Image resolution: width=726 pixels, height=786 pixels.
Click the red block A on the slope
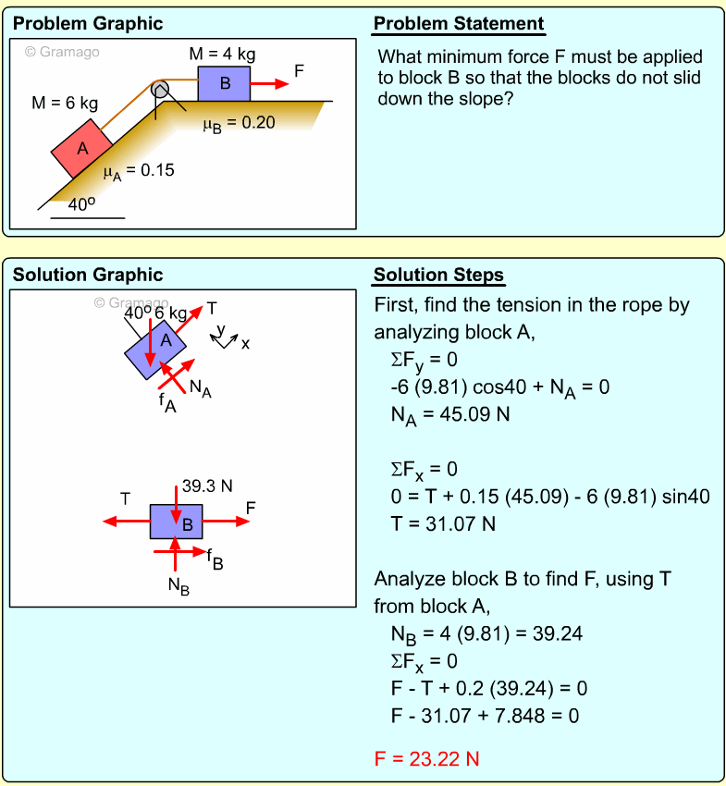(x=81, y=147)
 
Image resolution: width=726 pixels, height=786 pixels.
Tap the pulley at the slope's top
(x=160, y=89)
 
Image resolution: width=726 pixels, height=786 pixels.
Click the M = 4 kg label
(x=222, y=54)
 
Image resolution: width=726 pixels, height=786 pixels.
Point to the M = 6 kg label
(x=65, y=103)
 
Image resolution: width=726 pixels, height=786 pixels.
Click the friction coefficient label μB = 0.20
(x=239, y=122)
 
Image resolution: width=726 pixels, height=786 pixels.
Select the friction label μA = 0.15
(x=138, y=171)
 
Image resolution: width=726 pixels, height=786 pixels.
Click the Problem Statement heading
(x=459, y=24)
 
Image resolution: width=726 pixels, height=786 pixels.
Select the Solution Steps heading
(x=438, y=275)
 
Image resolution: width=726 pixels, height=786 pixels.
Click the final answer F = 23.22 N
(x=426, y=759)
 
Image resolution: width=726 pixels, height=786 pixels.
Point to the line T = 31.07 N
(x=443, y=523)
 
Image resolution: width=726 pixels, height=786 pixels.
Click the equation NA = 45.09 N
(x=450, y=414)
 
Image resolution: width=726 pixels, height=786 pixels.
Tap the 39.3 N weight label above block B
(x=206, y=485)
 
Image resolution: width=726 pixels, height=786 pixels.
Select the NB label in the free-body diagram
(x=178, y=584)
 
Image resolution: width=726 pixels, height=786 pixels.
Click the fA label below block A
(x=167, y=404)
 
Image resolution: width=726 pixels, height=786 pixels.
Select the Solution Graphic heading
(x=88, y=275)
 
